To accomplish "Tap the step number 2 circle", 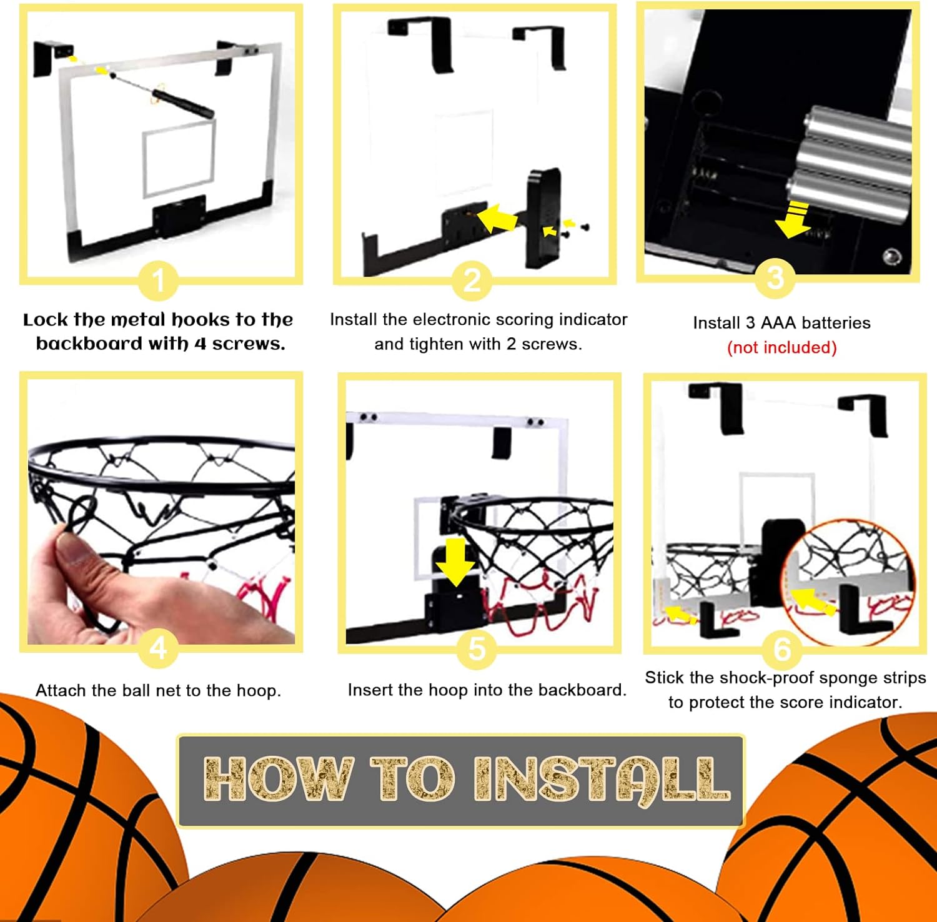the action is tap(473, 280).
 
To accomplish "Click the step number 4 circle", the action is tap(158, 648).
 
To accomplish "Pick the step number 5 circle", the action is tap(477, 648).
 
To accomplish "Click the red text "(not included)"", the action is tap(782, 347).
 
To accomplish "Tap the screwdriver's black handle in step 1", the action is tap(182, 104).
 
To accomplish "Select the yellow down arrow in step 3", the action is tap(793, 219).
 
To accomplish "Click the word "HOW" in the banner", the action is tap(279, 778).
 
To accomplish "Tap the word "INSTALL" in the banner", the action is tap(602, 779).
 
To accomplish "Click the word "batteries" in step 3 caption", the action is tap(836, 323).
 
